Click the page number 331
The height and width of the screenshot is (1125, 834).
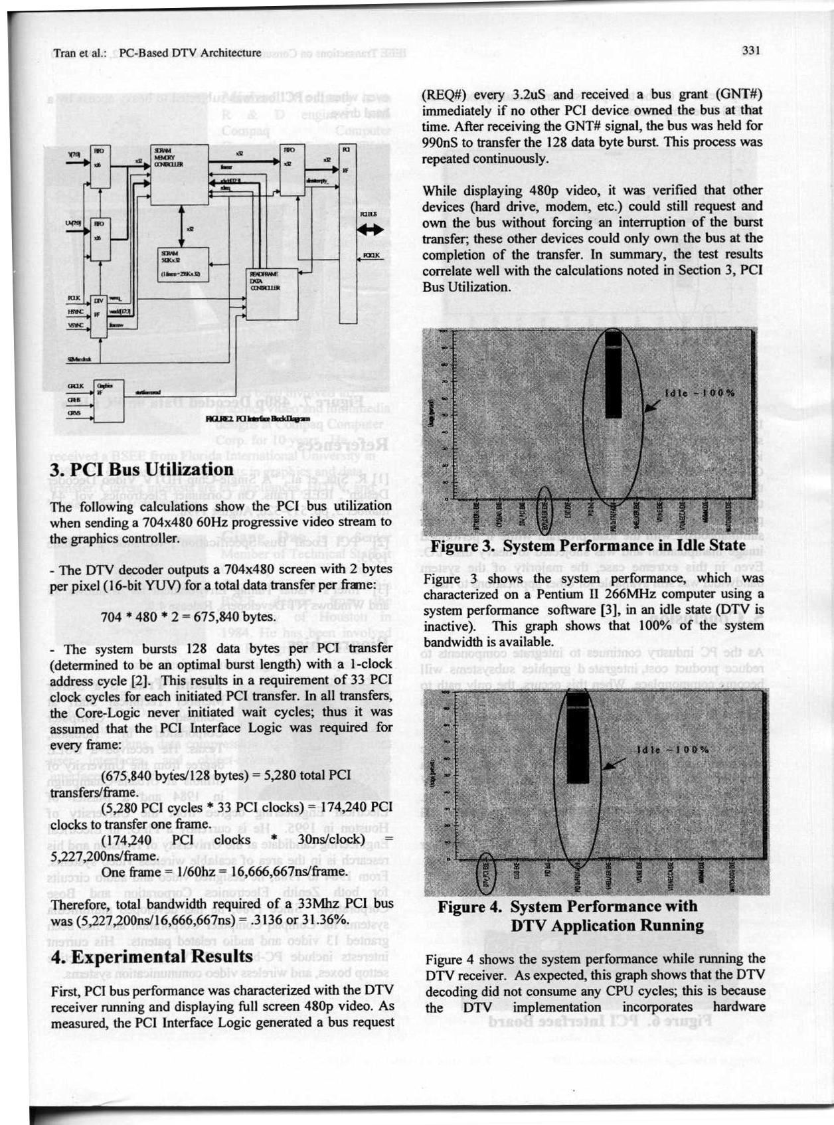coord(751,51)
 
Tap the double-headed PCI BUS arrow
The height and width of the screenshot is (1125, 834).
coord(370,230)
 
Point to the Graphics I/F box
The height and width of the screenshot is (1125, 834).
coord(108,400)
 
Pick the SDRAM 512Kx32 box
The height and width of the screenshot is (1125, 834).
coord(181,264)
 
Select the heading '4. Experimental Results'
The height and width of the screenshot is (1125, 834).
coord(151,956)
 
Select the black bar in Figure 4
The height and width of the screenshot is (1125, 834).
coord(578,737)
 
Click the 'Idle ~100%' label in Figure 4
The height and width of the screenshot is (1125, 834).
coord(673,750)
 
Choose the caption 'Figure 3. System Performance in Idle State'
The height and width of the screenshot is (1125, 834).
coord(588,546)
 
